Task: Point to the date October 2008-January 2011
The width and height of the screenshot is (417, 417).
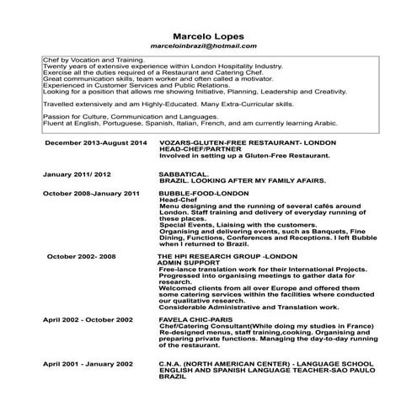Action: pos(91,193)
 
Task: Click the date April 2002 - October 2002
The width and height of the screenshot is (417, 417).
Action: pos(88,321)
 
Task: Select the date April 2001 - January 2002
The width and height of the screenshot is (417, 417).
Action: pos(88,363)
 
